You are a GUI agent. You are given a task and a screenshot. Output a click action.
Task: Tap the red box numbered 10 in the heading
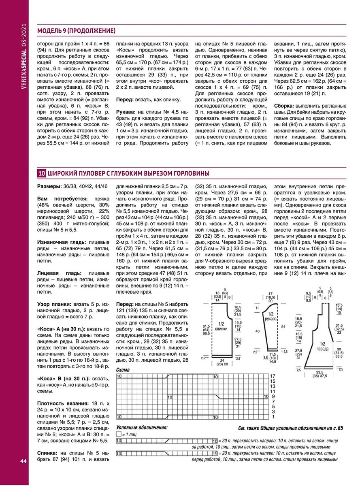[41, 173]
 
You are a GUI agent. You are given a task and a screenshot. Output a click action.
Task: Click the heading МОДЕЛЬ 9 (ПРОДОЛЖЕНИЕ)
[76, 31]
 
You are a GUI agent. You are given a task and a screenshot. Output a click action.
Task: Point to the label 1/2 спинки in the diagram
[221, 326]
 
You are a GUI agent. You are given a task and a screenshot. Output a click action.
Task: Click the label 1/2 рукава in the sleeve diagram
[271, 316]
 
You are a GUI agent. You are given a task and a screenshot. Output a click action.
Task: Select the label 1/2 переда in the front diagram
[323, 346]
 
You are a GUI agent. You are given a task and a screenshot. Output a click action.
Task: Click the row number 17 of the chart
[273, 376]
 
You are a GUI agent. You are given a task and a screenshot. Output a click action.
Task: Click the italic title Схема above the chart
[123, 370]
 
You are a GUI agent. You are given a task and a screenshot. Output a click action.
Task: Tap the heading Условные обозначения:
[141, 427]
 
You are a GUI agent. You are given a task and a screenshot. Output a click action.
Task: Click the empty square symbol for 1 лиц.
[119, 434]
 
